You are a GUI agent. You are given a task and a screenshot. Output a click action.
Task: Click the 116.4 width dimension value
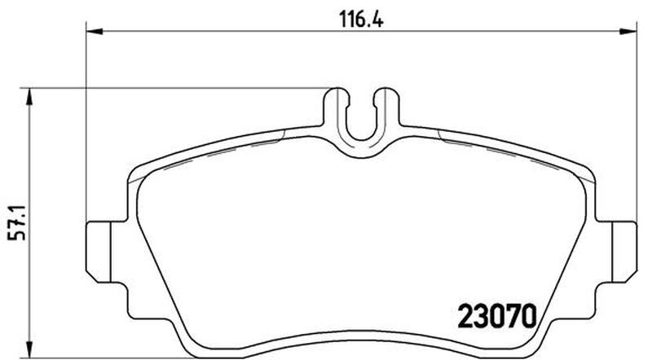click(x=361, y=19)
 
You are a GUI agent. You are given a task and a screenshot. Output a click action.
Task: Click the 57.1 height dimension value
click(x=18, y=222)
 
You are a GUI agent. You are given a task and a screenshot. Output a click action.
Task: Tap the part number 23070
click(x=497, y=317)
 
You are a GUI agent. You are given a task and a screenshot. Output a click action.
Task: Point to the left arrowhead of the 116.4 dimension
click(x=95, y=31)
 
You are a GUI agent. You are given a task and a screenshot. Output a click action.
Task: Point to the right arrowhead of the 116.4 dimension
click(x=628, y=31)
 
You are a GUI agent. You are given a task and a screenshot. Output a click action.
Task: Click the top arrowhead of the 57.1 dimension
click(x=29, y=96)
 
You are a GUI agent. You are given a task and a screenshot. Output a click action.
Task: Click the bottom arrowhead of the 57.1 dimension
click(x=29, y=349)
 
